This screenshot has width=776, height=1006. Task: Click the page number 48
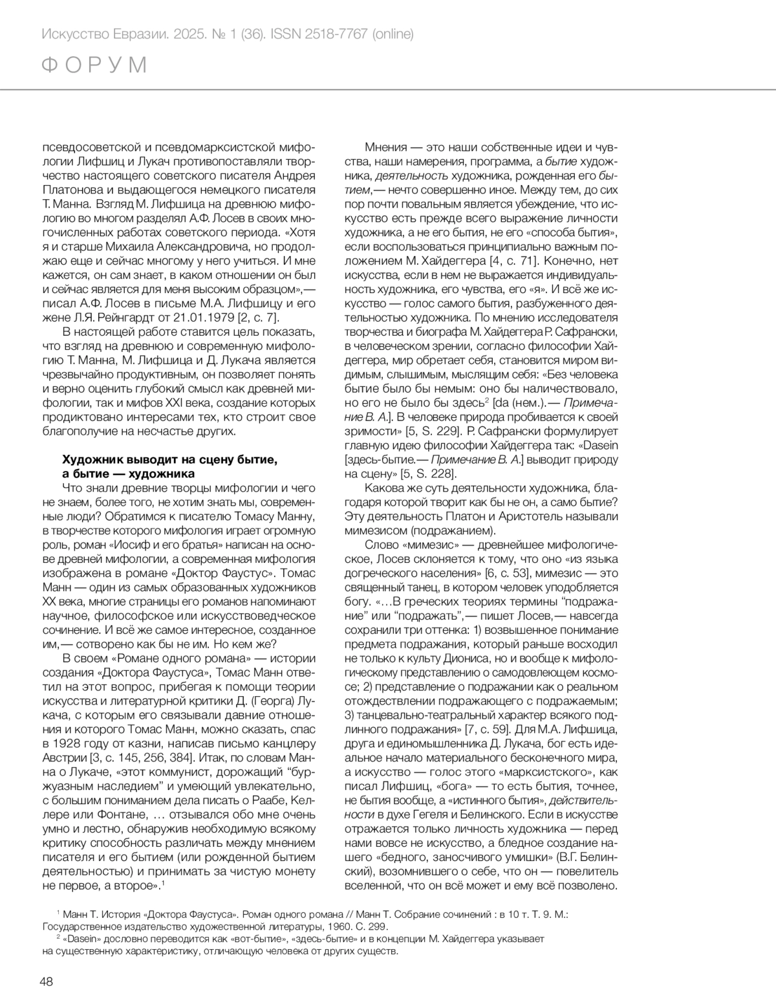(46, 981)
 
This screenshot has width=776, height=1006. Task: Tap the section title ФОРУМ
(95, 65)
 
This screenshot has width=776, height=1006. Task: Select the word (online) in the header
(392, 34)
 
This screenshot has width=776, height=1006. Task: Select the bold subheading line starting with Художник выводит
(170, 459)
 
